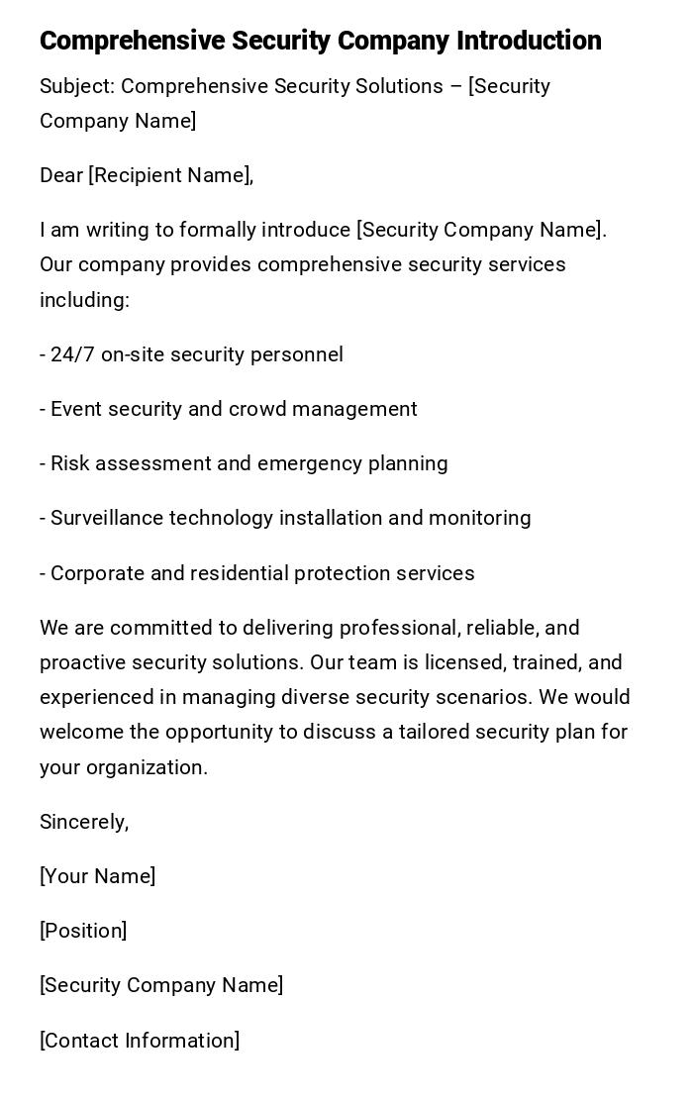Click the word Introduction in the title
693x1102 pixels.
click(529, 41)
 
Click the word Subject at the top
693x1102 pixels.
click(76, 87)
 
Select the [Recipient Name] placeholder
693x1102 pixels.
click(169, 176)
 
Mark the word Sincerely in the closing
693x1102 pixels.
click(83, 822)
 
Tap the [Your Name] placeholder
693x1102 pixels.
click(97, 876)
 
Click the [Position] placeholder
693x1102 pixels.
click(83, 931)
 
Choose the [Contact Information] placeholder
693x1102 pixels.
click(140, 1041)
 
